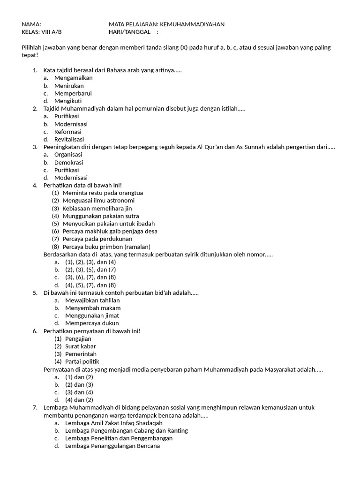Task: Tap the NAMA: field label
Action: [x=31, y=24]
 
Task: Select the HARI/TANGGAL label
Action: [x=130, y=32]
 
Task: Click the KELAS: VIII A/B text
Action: [x=42, y=32]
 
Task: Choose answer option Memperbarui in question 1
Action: [x=73, y=93]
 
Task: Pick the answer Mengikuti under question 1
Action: [x=68, y=101]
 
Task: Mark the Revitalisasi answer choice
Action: [x=69, y=139]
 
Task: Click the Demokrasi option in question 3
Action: [x=68, y=162]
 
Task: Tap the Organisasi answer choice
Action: [x=68, y=155]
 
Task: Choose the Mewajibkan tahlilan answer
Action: [x=92, y=300]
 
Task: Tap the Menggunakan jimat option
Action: [x=92, y=315]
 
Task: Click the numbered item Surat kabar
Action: [x=81, y=346]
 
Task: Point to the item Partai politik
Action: [x=82, y=362]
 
